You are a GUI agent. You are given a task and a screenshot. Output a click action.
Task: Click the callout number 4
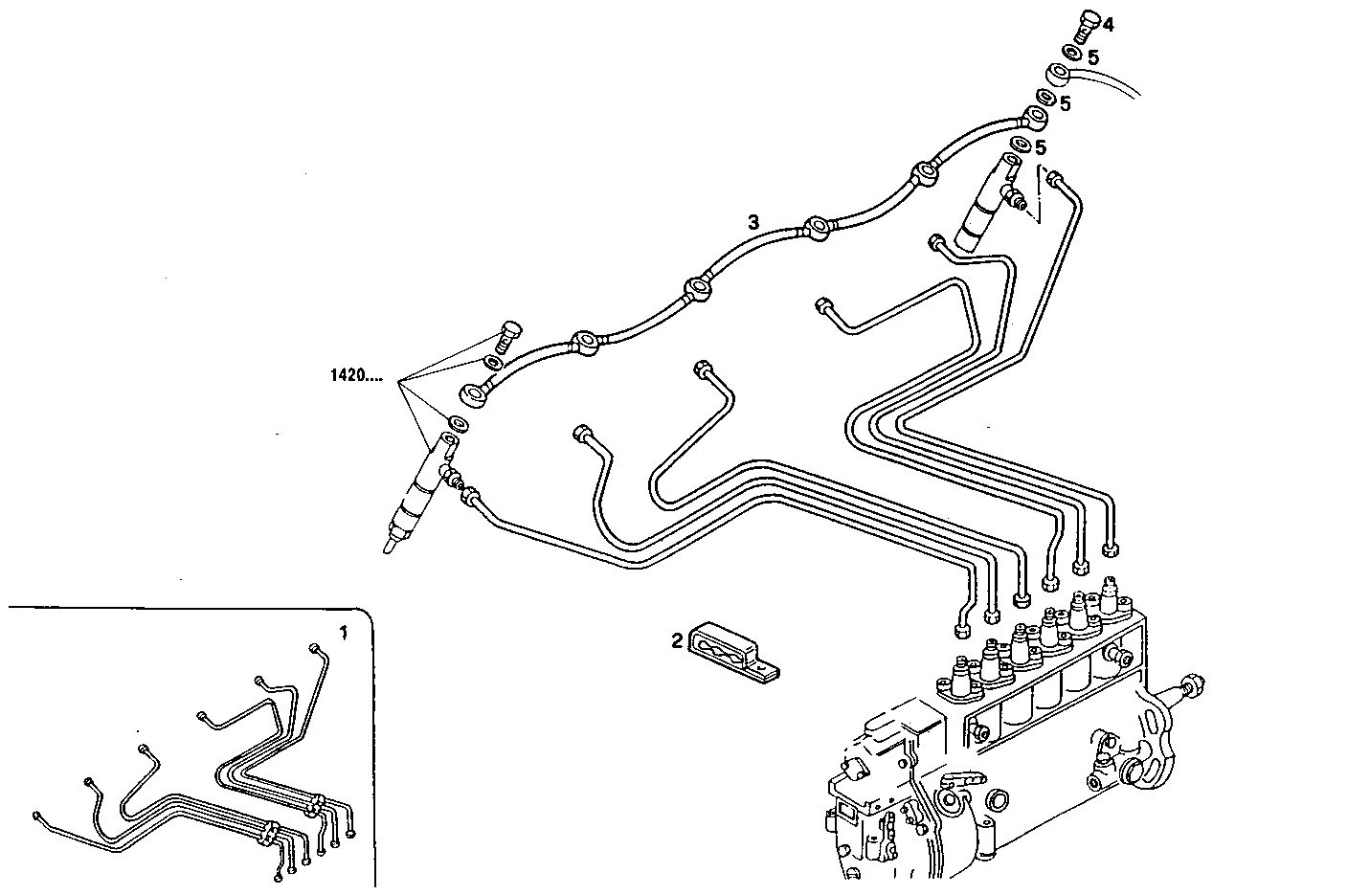(x=1108, y=24)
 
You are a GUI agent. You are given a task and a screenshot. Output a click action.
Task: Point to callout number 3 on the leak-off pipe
(x=753, y=222)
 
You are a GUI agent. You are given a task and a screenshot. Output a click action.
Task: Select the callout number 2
(x=677, y=640)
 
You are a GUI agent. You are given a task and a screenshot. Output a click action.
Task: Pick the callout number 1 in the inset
(x=345, y=632)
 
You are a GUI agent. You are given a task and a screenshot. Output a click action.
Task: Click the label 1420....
(x=355, y=376)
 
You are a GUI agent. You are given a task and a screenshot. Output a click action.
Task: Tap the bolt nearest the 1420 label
(x=508, y=336)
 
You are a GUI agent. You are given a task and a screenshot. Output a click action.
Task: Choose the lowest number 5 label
(x=1041, y=147)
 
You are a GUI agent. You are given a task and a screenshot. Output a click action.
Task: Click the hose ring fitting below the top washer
(x=1058, y=75)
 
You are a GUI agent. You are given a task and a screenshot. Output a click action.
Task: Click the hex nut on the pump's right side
(x=1192, y=685)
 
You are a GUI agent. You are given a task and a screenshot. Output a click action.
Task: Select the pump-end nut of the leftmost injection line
(x=961, y=630)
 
